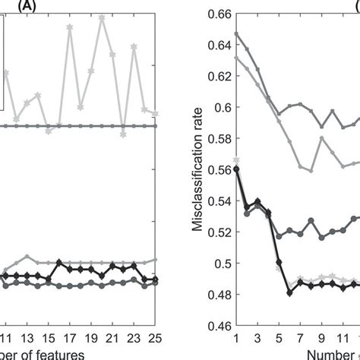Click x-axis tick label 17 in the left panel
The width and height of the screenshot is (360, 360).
click(70, 339)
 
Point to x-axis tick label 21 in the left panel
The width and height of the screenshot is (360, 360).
click(112, 339)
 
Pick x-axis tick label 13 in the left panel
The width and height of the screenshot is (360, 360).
click(27, 339)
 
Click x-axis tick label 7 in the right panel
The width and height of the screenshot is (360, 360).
click(300, 339)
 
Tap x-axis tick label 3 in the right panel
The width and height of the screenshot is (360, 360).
click(257, 339)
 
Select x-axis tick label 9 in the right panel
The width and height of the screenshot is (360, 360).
click(321, 339)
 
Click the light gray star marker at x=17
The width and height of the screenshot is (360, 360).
click(70, 27)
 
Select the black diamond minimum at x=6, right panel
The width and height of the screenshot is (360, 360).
click(289, 292)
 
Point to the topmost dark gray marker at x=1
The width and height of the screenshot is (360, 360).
click(236, 33)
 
